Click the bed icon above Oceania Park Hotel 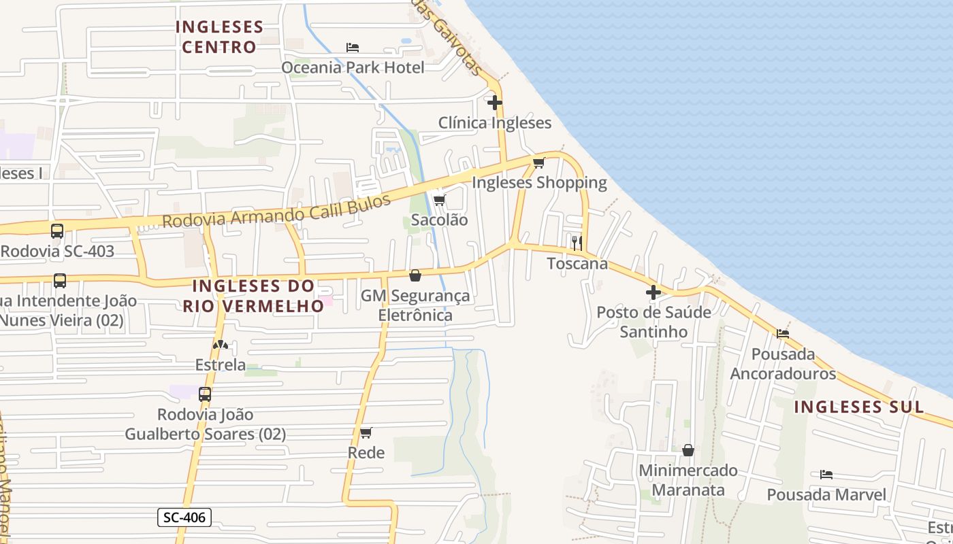(x=353, y=48)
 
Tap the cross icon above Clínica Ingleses (x=495, y=103)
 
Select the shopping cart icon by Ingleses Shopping (x=539, y=163)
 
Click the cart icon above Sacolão (x=439, y=200)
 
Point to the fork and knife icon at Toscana (x=577, y=243)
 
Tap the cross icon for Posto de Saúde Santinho (x=653, y=292)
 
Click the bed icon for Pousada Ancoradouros (x=783, y=334)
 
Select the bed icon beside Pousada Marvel (x=826, y=474)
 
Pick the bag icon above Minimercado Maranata (x=688, y=450)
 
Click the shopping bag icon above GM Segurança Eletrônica (x=415, y=275)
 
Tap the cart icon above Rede (x=366, y=432)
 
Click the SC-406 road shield (x=185, y=517)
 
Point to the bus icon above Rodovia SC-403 (x=57, y=231)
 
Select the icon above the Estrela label (x=220, y=345)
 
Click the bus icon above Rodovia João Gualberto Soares (x=204, y=394)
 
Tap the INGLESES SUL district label (x=859, y=407)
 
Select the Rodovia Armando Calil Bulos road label (x=277, y=211)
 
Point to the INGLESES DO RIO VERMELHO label (x=253, y=296)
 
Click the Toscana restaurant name (x=578, y=264)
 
